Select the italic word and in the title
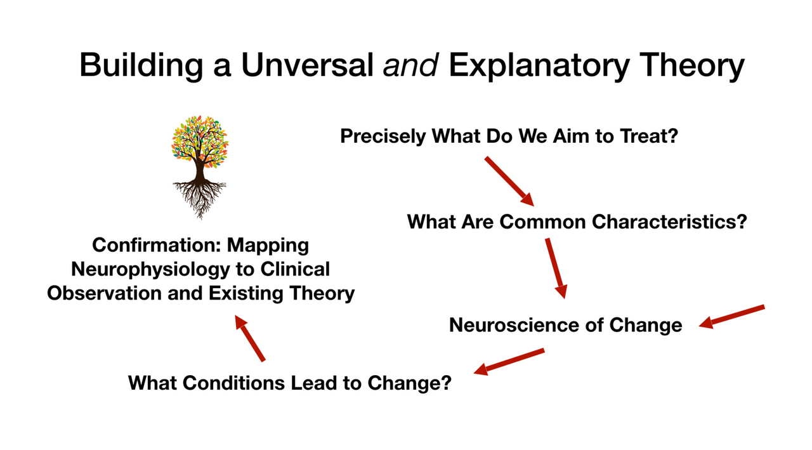tap(411, 65)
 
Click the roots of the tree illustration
tap(199, 194)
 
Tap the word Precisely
tap(383, 136)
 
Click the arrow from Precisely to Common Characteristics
tap(509, 181)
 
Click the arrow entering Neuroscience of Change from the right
tap(732, 316)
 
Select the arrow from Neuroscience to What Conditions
tap(509, 360)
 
